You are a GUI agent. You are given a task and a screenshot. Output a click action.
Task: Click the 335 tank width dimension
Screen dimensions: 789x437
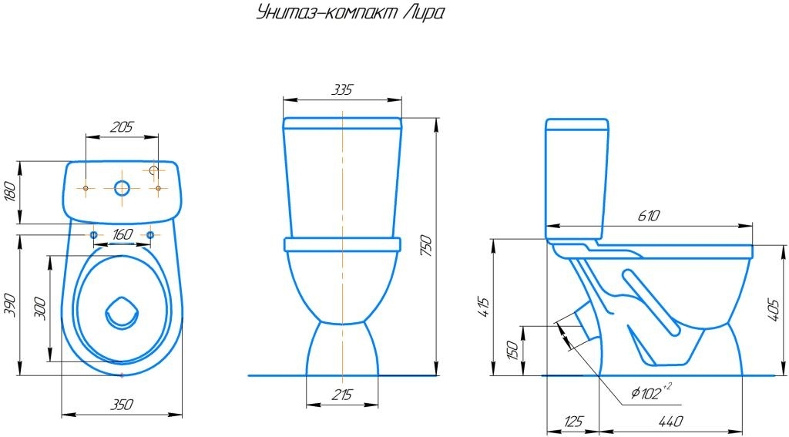pyautogui.click(x=342, y=89)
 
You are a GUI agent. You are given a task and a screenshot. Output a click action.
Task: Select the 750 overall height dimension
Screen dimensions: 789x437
pyautogui.click(x=425, y=246)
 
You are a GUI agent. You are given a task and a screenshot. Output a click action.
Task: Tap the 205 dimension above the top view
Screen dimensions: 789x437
pyautogui.click(x=122, y=126)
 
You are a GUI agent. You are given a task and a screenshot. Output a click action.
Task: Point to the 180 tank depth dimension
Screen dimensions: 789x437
pyautogui.click(x=12, y=192)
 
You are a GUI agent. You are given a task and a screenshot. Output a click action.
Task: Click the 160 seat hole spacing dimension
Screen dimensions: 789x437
pyautogui.click(x=123, y=234)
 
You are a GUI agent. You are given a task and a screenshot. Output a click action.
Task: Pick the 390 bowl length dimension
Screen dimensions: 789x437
pyautogui.click(x=12, y=305)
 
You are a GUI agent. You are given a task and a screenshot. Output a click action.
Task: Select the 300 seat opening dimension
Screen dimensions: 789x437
pyautogui.click(x=42, y=309)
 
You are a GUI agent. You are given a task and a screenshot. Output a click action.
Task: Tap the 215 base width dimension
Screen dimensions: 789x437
pyautogui.click(x=342, y=394)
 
